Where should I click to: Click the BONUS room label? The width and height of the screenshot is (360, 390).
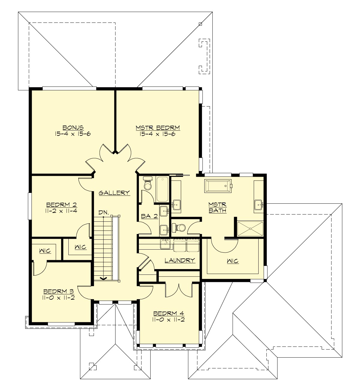point(73,127)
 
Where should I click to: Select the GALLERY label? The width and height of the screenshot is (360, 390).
point(114,193)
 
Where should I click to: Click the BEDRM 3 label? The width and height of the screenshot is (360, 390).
point(58,291)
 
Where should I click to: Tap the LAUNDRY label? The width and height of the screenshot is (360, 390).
point(180,260)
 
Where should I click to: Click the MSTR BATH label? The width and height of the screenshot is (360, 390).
point(217,207)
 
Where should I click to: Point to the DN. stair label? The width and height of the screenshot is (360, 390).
point(103,212)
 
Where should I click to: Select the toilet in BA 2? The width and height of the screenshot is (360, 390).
point(148,184)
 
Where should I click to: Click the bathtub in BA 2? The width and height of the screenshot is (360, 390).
point(162,189)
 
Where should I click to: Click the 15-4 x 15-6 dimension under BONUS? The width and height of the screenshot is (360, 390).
point(73,134)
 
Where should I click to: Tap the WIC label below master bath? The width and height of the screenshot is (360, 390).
point(233,261)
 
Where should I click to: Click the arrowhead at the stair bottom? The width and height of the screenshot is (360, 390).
point(103,278)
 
